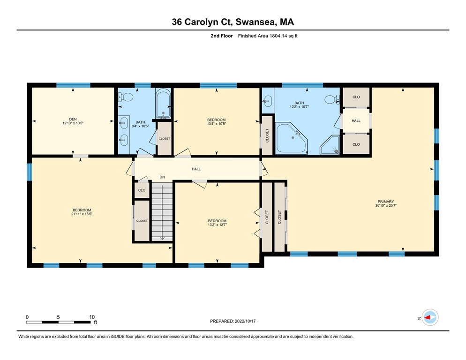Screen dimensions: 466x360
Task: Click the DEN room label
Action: click(x=73, y=119)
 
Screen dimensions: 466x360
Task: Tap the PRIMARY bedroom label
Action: click(x=386, y=202)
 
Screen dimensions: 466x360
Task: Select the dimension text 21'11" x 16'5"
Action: click(x=82, y=214)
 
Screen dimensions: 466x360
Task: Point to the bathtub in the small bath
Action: click(x=163, y=104)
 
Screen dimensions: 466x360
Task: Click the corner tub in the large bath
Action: click(x=292, y=138)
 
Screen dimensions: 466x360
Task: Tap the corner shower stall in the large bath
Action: click(x=330, y=145)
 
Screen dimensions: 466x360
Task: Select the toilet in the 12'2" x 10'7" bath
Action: click(x=332, y=99)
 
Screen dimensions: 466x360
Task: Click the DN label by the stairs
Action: click(x=162, y=177)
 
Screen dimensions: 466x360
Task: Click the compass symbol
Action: click(x=430, y=317)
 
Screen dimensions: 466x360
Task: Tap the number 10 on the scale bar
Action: click(x=92, y=317)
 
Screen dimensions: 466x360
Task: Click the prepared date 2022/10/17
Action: click(x=245, y=321)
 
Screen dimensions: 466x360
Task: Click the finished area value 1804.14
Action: click(x=278, y=36)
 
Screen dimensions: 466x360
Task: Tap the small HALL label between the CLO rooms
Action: click(x=356, y=120)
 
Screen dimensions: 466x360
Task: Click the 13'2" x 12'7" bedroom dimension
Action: click(x=217, y=225)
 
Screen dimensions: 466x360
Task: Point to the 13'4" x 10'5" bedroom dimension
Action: click(x=217, y=124)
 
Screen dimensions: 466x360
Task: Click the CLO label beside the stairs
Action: click(x=142, y=190)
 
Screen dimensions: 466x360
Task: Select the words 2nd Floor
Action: click(x=222, y=36)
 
